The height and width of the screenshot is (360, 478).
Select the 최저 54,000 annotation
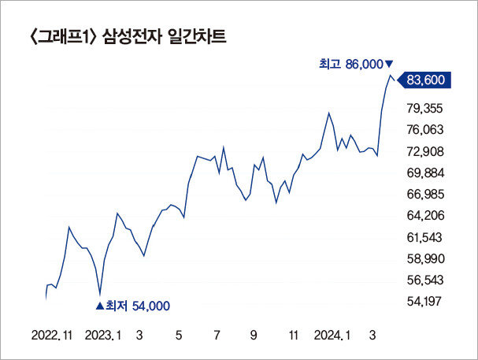[x=132, y=306]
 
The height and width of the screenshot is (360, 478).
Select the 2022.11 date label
[x=52, y=335]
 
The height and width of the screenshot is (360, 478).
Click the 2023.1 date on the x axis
[x=105, y=335]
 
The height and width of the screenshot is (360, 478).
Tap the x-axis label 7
[x=216, y=335]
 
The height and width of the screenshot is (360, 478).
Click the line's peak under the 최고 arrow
[x=389, y=76]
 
